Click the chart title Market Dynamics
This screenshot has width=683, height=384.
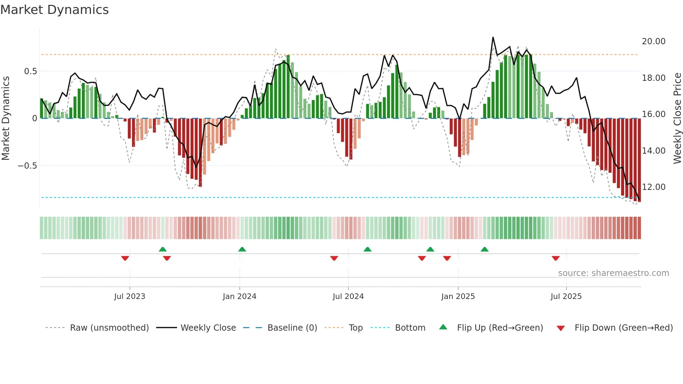click(54, 10)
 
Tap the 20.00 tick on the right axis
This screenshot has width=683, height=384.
click(653, 41)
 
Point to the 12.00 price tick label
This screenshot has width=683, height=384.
click(653, 187)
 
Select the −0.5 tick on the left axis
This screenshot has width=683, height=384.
click(28, 166)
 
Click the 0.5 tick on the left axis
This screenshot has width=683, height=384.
click(30, 71)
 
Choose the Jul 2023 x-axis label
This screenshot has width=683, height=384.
click(130, 297)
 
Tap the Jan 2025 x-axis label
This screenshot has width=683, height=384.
click(458, 297)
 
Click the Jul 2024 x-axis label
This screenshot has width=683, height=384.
click(348, 297)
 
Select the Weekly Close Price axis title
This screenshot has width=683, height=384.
click(677, 118)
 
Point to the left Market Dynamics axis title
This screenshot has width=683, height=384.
click(6, 118)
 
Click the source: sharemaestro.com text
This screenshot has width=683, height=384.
click(613, 273)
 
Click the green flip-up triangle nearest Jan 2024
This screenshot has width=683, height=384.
click(242, 249)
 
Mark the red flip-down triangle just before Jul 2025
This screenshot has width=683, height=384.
click(556, 258)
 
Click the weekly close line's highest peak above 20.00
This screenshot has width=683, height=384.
click(493, 37)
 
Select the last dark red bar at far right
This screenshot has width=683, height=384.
click(639, 160)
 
